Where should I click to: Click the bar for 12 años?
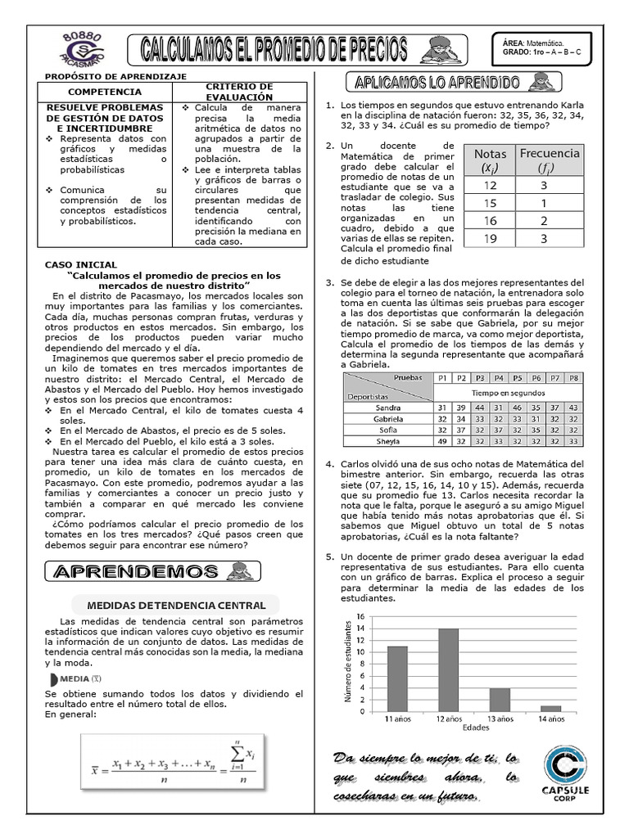coord(448,669)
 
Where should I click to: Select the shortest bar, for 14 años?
coord(551,708)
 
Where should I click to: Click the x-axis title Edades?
coord(475,728)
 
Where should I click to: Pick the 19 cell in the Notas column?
coord(490,239)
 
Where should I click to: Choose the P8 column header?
coord(572,378)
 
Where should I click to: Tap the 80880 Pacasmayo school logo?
coord(82,50)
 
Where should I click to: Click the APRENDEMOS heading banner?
coord(147,570)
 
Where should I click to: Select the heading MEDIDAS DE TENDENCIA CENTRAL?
coord(170,606)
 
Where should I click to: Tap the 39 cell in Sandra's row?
coord(460,407)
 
